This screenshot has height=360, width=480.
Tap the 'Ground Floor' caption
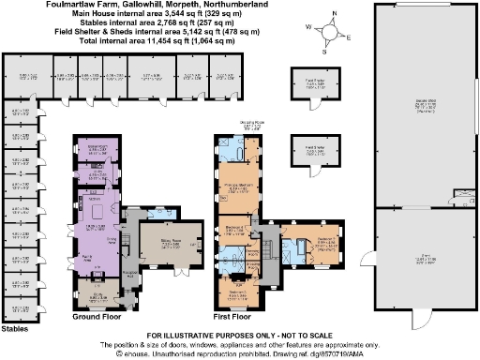(x=98, y=317)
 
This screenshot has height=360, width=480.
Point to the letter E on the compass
(x=348, y=37)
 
